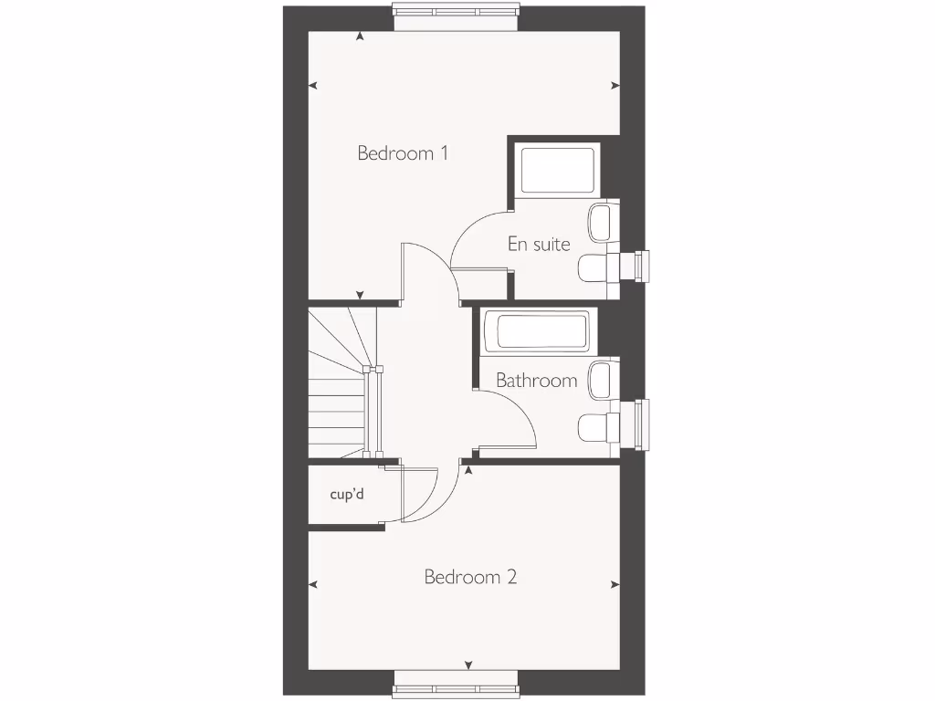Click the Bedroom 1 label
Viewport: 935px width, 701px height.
pos(403,153)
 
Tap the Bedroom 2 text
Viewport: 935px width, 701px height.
pos(470,577)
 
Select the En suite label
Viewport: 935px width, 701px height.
pos(539,244)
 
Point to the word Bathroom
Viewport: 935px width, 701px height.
pos(536,380)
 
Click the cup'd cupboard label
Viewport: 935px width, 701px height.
pos(347,494)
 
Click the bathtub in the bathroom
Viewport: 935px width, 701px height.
pos(536,331)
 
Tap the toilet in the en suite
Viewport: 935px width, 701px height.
pos(594,267)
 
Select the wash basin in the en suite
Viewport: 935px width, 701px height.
pos(600,221)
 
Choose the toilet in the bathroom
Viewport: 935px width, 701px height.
pos(594,425)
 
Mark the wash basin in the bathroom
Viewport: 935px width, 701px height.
pos(600,380)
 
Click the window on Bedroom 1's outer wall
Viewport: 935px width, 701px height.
pos(456,11)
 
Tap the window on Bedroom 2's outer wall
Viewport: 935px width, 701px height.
pos(456,688)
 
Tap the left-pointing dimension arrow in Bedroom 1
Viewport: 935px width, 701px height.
pos(313,86)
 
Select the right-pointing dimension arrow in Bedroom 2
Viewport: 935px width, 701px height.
pos(615,585)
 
